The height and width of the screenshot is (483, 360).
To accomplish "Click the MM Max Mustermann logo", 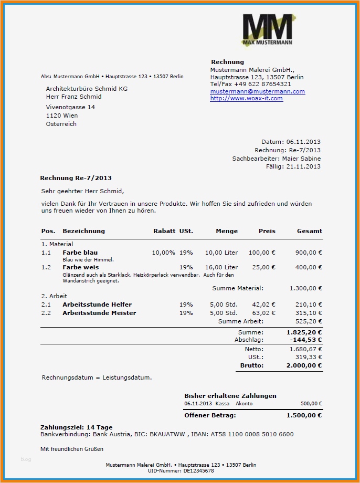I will point(267,29).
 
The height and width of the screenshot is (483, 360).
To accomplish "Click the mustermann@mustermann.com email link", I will point(257,91).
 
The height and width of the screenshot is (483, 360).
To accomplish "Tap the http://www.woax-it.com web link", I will point(246,98).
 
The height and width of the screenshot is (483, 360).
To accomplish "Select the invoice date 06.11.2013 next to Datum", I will point(303,142).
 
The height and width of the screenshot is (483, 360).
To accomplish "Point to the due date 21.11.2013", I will point(303,167).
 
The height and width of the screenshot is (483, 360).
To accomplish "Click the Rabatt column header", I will point(164,231).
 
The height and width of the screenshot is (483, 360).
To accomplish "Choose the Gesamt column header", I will point(310,231).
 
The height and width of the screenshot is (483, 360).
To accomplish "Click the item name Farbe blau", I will point(80,253).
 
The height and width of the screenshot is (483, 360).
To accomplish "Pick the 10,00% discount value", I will point(163,253).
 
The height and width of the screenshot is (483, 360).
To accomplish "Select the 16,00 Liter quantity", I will point(221,267).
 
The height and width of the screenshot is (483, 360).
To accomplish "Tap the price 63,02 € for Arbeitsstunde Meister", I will point(263,313).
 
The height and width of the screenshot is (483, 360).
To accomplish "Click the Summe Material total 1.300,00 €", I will point(305,288).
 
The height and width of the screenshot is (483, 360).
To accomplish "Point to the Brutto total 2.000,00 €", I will point(304,365).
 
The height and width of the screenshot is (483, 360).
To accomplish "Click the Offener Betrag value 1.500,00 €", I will point(304,415).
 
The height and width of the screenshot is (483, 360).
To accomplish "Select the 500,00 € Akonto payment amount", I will point(311,404).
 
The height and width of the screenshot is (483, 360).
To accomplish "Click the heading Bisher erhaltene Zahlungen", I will point(230,396).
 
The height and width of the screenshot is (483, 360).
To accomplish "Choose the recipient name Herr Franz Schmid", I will point(73,97).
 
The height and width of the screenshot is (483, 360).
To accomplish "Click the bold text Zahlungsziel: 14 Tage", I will point(76,427).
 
